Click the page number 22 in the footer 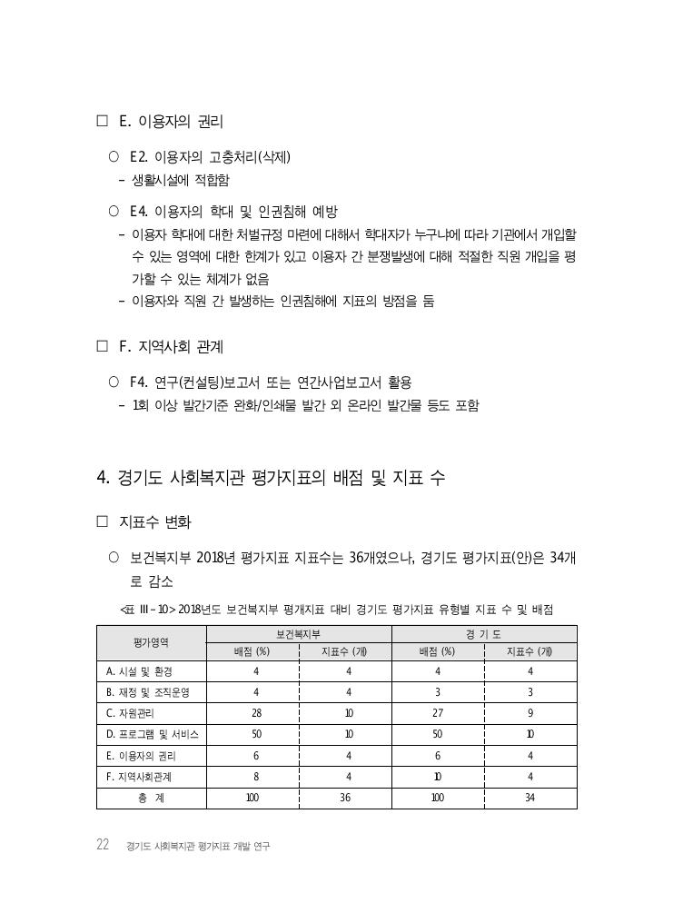(104, 845)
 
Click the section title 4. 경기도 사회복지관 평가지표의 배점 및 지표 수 (270, 478)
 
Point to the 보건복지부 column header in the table (299, 634)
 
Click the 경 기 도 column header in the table (484, 634)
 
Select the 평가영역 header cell (151, 642)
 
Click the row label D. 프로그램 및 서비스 (152, 734)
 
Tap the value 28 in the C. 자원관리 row (256, 713)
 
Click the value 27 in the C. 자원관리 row (437, 713)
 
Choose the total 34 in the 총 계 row (529, 798)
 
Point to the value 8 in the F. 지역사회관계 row (256, 777)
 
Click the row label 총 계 (151, 798)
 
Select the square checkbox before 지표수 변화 (102, 522)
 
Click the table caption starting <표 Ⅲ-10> (336, 609)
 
